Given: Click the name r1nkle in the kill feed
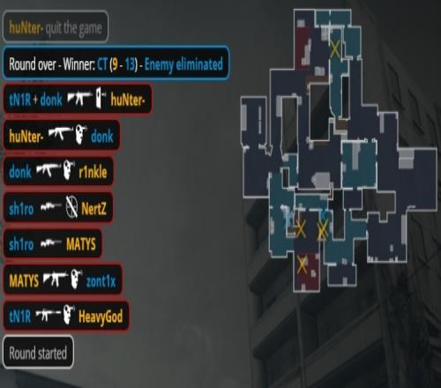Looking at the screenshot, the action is [x=93, y=172].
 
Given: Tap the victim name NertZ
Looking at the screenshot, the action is [x=93, y=209].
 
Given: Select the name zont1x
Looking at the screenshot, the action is [x=101, y=281].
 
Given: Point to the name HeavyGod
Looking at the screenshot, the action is [x=101, y=317].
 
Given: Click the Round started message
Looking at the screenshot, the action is [x=38, y=353].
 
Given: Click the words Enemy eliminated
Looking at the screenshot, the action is [x=183, y=64].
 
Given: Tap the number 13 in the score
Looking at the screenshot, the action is [x=130, y=64].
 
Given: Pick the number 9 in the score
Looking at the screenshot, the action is [x=116, y=64].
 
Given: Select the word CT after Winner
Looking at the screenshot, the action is [x=102, y=64].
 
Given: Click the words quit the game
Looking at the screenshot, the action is [x=73, y=28].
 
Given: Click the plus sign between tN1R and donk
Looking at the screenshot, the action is [x=35, y=100].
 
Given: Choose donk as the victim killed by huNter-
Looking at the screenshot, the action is [x=101, y=137].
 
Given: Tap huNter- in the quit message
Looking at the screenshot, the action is [x=26, y=27].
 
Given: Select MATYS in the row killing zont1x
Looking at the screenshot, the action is [x=24, y=281].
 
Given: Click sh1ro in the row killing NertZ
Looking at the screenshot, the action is [x=21, y=209].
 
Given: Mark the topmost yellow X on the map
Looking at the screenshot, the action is [x=334, y=48].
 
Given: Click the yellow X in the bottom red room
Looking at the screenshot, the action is [x=302, y=265].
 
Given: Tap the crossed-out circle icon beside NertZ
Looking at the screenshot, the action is [x=71, y=207].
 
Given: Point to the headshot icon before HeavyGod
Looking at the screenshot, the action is [x=69, y=315].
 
